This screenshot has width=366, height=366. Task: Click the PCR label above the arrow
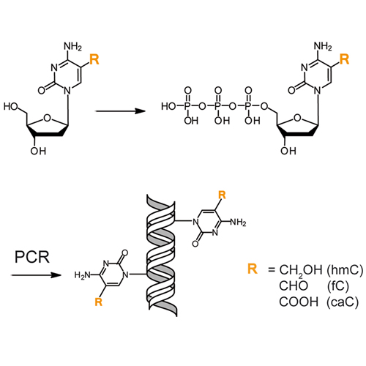click(32, 257)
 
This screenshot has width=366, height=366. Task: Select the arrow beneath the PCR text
click(36, 275)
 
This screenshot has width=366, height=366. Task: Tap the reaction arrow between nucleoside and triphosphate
click(120, 111)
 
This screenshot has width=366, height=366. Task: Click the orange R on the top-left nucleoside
click(94, 59)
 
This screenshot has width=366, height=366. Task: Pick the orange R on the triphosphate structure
click(344, 59)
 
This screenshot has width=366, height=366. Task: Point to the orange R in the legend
click(253, 269)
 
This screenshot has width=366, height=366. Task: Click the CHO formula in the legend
click(294, 285)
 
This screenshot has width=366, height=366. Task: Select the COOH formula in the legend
click(299, 302)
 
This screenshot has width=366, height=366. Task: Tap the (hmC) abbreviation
click(345, 270)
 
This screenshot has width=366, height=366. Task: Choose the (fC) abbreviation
click(338, 286)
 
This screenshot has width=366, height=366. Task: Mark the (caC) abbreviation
click(343, 302)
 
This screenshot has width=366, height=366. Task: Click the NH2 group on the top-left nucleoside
click(72, 46)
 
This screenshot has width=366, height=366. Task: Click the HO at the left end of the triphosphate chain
click(168, 106)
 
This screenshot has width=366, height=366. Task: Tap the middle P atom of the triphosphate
click(218, 106)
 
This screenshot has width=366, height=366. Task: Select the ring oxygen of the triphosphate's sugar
click(297, 118)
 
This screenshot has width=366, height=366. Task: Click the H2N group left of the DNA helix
click(82, 275)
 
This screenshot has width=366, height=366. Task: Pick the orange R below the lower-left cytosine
click(98, 302)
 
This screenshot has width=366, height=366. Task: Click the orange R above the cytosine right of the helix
click(222, 195)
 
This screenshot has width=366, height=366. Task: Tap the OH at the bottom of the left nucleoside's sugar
click(38, 151)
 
